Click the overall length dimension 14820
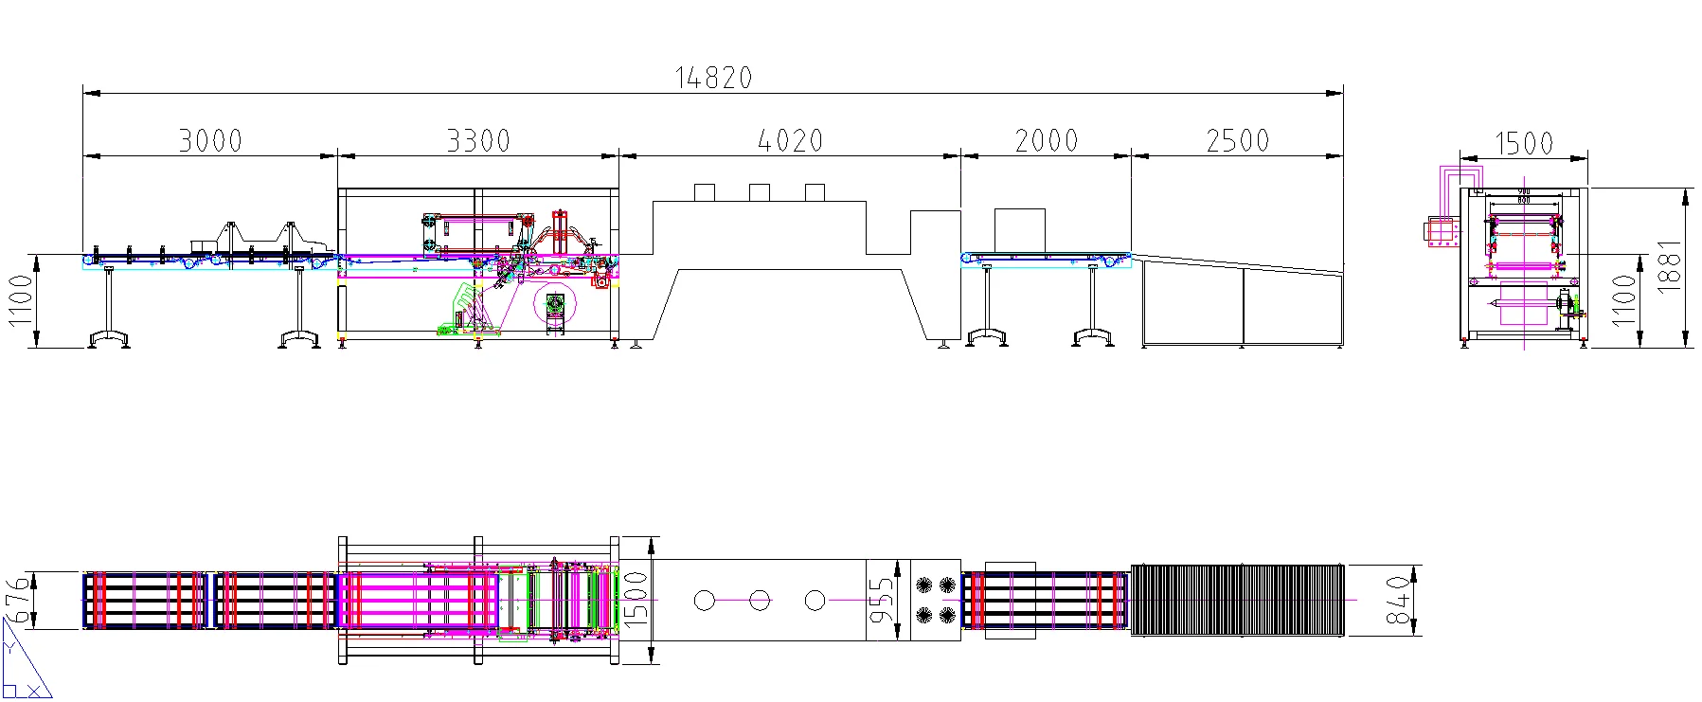(x=713, y=78)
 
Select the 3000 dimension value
(x=210, y=141)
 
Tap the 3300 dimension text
(x=478, y=141)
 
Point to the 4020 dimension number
(x=791, y=141)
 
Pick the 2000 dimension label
(x=1046, y=141)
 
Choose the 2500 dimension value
(x=1237, y=141)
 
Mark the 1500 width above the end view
(x=1524, y=144)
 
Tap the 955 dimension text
(x=882, y=600)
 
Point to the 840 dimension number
(x=1398, y=600)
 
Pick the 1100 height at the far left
(x=20, y=300)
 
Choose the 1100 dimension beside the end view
(x=1625, y=300)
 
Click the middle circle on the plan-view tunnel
(x=759, y=601)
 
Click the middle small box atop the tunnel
(x=759, y=192)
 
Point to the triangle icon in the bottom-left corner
(x=24, y=669)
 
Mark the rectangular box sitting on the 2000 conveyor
(x=1019, y=231)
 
